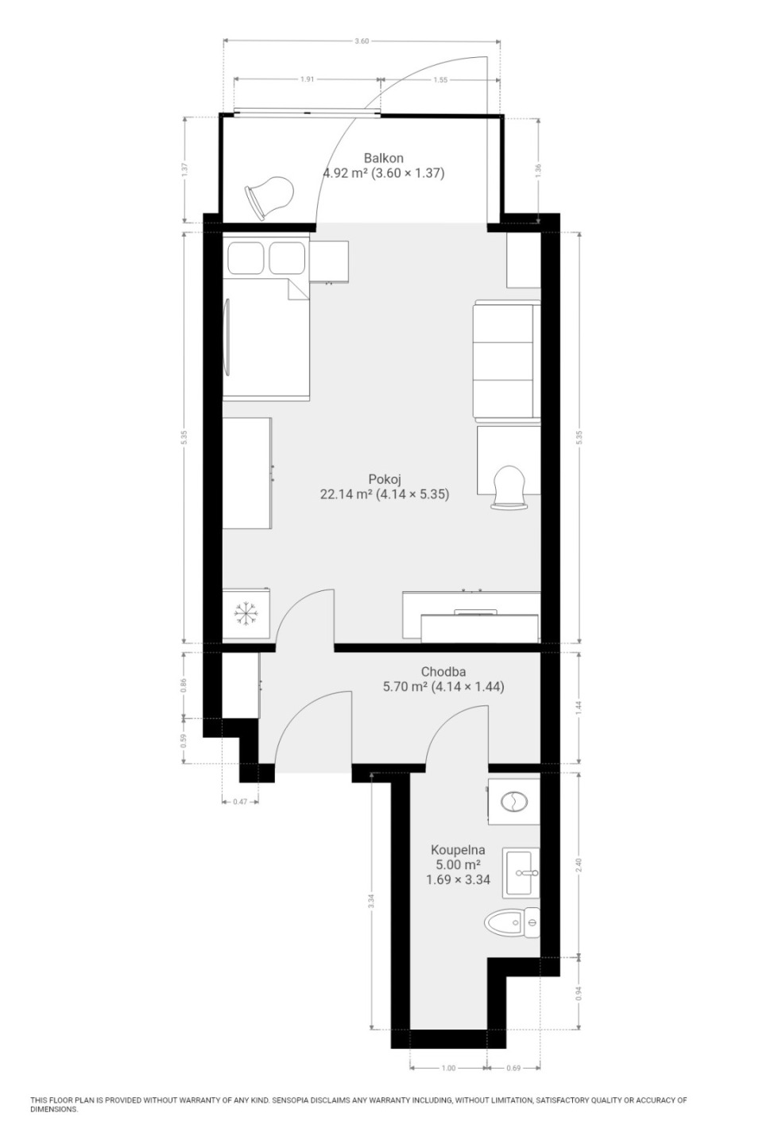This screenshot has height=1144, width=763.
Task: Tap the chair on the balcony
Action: pos(269,198)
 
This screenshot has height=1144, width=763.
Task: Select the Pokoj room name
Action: pos(385,479)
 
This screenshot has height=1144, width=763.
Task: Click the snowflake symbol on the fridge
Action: pos(246,613)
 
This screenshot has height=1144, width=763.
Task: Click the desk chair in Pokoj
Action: pos(509,487)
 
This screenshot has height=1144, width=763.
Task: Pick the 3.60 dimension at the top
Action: pos(362,41)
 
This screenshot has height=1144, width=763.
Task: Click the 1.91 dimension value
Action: pos(307,79)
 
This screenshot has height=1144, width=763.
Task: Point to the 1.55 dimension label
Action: pos(440,79)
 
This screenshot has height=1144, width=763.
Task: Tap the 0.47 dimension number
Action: pos(240,802)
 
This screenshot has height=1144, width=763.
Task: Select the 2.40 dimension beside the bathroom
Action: pos(579,864)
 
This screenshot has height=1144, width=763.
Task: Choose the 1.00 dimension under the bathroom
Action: pos(448,1068)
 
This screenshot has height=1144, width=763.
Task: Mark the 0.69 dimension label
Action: pos(513,1068)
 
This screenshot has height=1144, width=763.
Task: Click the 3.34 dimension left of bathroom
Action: pos(371,900)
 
